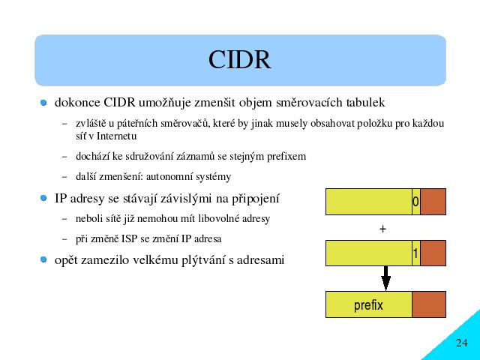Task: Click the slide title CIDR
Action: click(x=240, y=60)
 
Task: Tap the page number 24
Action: click(x=462, y=343)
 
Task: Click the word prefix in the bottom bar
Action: click(x=368, y=305)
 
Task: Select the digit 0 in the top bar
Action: click(x=415, y=202)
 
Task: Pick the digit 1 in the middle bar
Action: click(x=415, y=253)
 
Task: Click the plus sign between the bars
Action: click(x=382, y=229)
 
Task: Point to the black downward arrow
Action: click(x=385, y=278)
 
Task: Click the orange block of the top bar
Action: click(x=433, y=202)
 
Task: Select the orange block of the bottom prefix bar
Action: click(x=429, y=304)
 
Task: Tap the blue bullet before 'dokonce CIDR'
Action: click(x=43, y=103)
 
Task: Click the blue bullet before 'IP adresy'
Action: click(x=43, y=198)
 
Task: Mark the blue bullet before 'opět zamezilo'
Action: click(x=43, y=259)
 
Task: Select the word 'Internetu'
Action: click(x=116, y=136)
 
